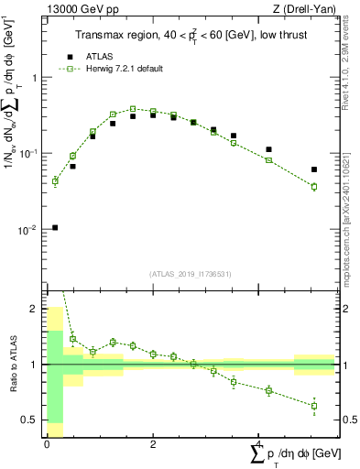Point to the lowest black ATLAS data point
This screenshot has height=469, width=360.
click(x=55, y=227)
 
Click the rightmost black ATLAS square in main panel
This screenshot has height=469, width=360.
click(x=314, y=169)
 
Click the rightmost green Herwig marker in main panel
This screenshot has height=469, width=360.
click(x=314, y=187)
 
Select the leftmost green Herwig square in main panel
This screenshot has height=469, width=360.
click(x=55, y=181)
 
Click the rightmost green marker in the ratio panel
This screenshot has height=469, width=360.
click(x=314, y=406)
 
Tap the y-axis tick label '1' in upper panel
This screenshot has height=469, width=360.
click(x=36, y=78)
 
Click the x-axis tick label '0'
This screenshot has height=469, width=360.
click(x=46, y=444)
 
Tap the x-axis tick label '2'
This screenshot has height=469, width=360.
click(x=153, y=444)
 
